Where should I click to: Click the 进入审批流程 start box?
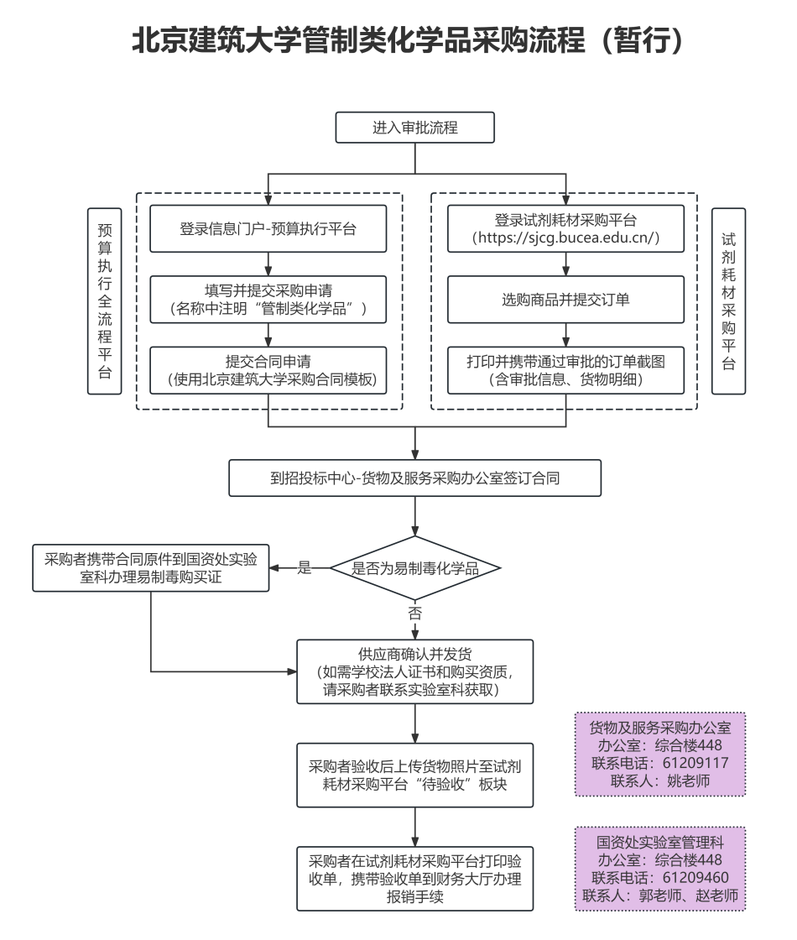pos(414,128)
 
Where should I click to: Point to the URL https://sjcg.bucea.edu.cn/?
pos(566,238)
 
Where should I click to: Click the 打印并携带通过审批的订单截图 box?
pos(566,370)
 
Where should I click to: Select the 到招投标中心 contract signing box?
pos(415,479)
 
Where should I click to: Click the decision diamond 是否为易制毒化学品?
pos(415,568)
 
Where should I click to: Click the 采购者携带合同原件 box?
pos(150,567)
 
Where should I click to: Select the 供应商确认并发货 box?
pos(415,672)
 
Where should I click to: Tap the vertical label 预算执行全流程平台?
pos(105,301)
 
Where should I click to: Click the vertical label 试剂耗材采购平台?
pos(729,301)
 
